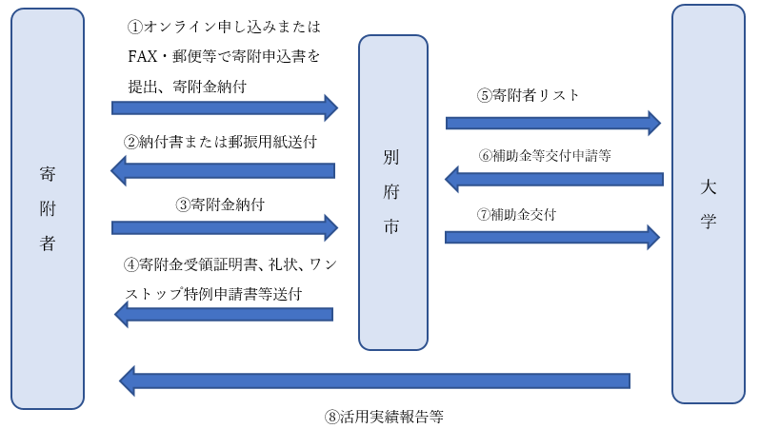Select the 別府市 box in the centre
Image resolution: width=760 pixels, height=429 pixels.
click(392, 191)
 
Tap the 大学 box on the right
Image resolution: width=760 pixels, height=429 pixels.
click(708, 204)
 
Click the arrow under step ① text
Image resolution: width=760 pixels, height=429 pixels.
click(225, 107)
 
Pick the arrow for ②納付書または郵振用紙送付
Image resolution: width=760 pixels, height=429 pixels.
click(223, 171)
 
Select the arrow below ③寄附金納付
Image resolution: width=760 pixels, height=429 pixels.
click(225, 227)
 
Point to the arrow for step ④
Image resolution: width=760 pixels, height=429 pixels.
click(223, 314)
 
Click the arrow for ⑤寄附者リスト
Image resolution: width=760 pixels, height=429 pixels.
click(552, 122)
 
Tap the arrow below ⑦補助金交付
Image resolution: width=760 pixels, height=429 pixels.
click(552, 236)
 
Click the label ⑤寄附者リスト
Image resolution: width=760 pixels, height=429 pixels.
click(529, 95)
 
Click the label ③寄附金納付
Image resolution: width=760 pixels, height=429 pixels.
click(220, 204)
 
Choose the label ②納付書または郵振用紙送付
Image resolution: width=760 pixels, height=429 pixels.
click(220, 141)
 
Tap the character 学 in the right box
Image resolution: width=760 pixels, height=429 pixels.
click(708, 223)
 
